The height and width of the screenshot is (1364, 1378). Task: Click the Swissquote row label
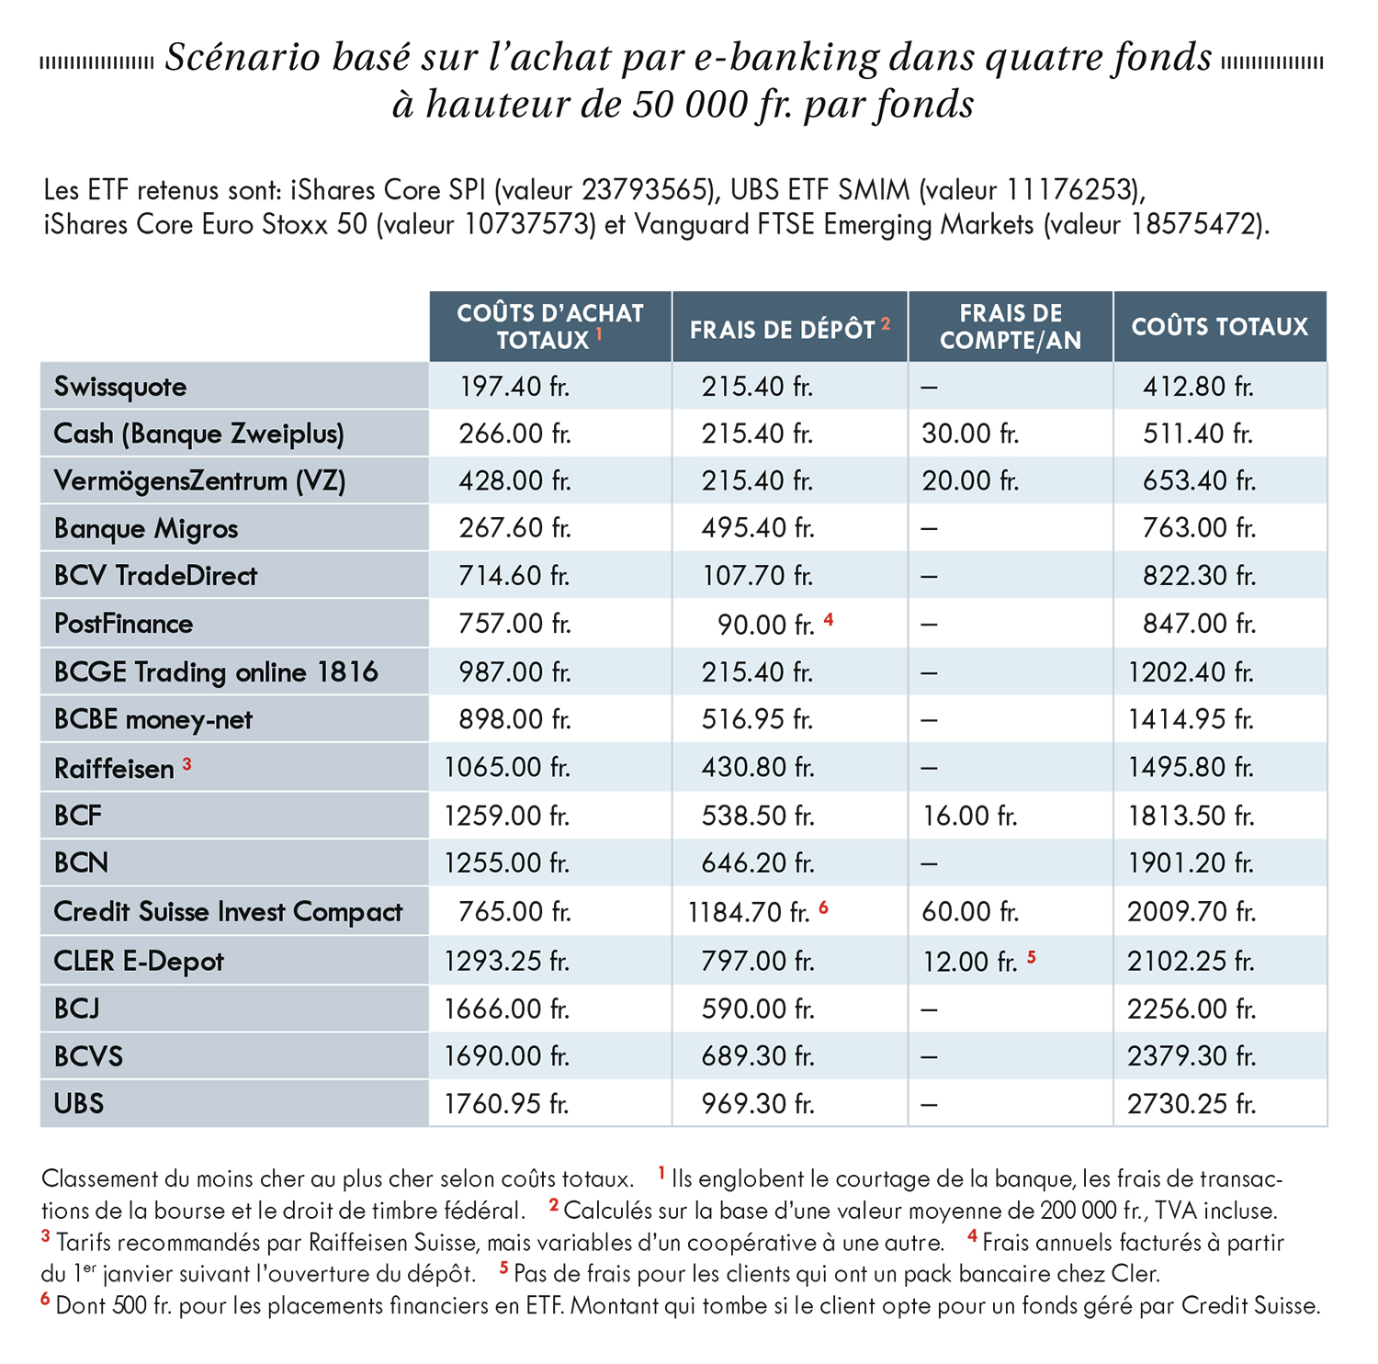120,387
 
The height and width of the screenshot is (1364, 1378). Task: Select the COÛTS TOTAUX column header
1219,327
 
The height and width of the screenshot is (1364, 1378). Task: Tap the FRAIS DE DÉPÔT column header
783,330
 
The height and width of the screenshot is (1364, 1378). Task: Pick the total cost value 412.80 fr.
1198,387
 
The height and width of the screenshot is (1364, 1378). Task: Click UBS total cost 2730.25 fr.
1191,1103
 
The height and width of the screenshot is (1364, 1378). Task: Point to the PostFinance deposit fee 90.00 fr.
766,625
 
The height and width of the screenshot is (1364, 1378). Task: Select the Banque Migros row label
146,529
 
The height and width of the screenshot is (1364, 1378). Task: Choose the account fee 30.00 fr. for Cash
971,434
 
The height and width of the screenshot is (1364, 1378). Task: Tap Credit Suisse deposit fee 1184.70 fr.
749,912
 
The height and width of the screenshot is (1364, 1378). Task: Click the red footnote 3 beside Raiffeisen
186,763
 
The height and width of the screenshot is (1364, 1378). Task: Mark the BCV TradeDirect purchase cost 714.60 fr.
514,576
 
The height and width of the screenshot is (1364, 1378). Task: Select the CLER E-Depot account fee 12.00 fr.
970,962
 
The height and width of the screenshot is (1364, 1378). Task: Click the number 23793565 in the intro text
647,190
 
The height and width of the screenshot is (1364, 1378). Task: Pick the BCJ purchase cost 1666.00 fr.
507,1009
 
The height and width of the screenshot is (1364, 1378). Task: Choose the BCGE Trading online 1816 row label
216,671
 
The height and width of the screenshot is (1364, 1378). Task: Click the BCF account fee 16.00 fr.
970,816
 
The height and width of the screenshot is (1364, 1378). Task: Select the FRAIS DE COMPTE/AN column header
1011,327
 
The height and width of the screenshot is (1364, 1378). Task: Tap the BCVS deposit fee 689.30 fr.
758,1056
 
